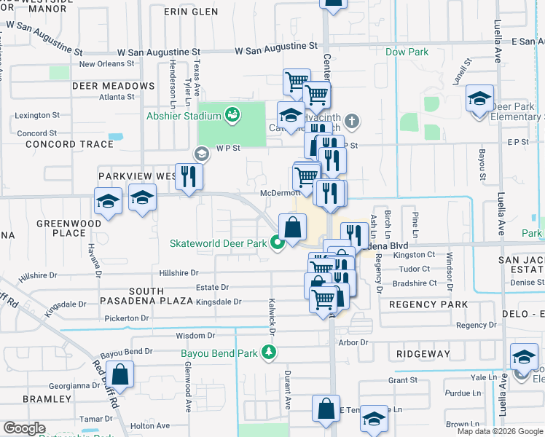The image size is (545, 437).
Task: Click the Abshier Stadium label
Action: pos(183,116)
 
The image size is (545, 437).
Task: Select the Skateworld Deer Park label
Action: pos(218,243)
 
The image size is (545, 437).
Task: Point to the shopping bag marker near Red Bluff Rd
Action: pos(122,374)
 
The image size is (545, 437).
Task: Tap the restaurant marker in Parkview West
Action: pos(189,176)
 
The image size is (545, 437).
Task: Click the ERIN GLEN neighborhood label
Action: pos(190,12)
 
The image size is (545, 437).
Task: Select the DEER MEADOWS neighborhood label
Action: pos(113,86)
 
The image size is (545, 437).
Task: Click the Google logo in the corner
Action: pos(24,428)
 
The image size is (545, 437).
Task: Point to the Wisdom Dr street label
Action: pos(196,336)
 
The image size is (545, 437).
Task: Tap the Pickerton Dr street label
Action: pos(126,318)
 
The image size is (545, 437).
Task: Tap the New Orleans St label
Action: pos(109,64)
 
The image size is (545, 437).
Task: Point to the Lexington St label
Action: pos(38,115)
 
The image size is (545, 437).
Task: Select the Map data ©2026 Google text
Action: pos(499,431)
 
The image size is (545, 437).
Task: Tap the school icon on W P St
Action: pos(202,154)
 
